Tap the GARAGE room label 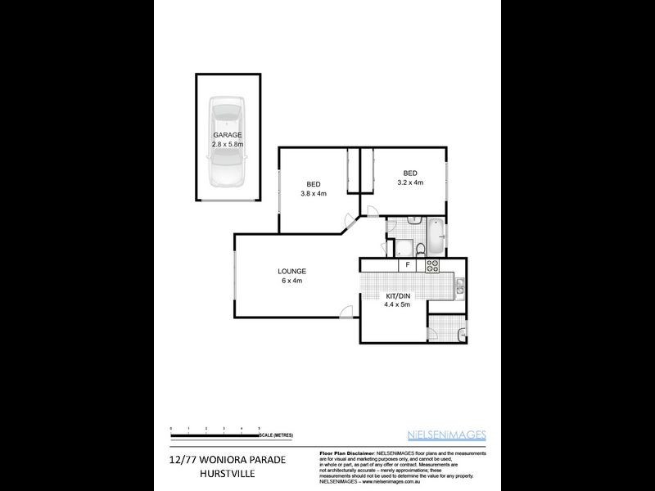coord(228,134)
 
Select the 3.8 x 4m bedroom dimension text coord(313,193)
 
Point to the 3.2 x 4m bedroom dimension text coord(409,182)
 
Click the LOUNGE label coord(291,271)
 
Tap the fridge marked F coord(404,266)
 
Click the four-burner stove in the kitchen coord(432,266)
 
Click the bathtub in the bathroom coord(439,235)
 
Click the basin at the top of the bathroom coord(413,221)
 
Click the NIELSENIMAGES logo coord(446,435)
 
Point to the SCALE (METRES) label coord(278,435)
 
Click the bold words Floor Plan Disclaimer coord(346,453)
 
